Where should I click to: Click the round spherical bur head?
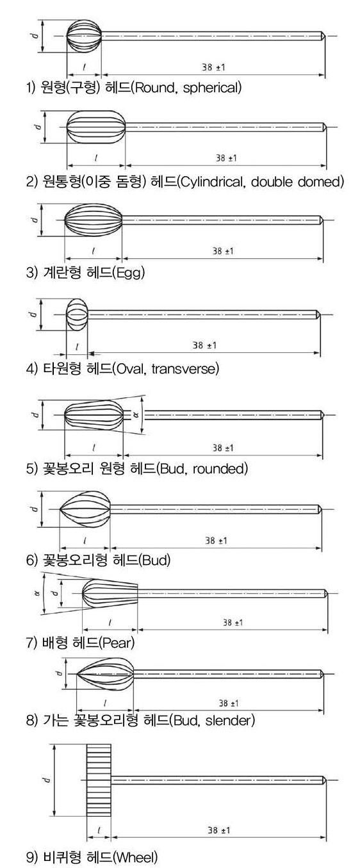(84, 36)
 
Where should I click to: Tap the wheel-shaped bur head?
(99, 780)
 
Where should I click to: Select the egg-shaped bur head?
(93, 220)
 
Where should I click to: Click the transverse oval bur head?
(77, 315)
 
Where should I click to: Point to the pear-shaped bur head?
(110, 593)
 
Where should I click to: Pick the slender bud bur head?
(105, 675)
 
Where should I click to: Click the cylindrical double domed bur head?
(96, 127)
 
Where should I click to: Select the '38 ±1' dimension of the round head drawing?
(213, 67)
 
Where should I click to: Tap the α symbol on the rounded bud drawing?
(136, 414)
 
